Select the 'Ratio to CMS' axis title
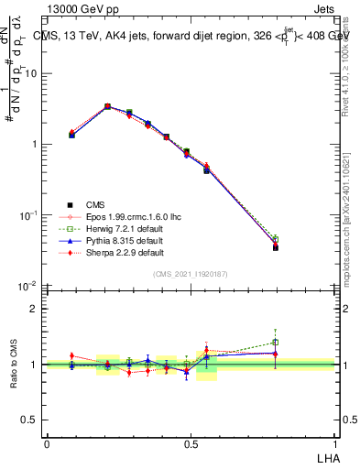pyautogui.click(x=13, y=365)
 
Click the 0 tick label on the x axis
pyautogui.click(x=47, y=443)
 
